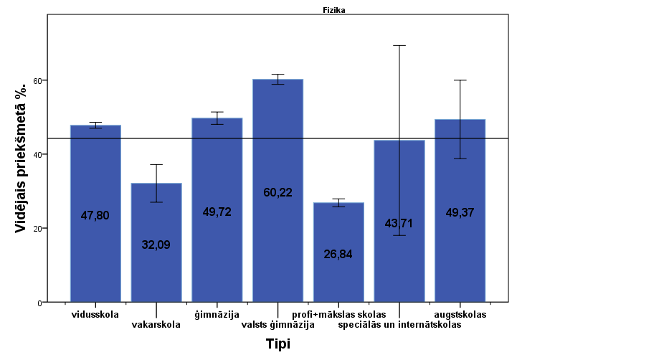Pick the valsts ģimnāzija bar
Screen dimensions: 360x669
point(277,244)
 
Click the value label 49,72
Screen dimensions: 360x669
point(217,212)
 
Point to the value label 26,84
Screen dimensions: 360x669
point(338,254)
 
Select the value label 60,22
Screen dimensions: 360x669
point(277,192)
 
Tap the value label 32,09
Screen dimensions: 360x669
point(156,245)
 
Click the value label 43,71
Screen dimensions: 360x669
point(399,224)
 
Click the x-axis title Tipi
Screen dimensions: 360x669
point(277,344)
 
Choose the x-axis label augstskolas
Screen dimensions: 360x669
point(460,315)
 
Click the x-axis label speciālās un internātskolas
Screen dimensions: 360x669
point(399,325)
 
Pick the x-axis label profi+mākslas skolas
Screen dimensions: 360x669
point(339,315)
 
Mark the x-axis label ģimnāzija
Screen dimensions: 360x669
point(217,315)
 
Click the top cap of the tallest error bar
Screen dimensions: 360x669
point(399,45)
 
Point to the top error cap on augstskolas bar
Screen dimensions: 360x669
point(460,80)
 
